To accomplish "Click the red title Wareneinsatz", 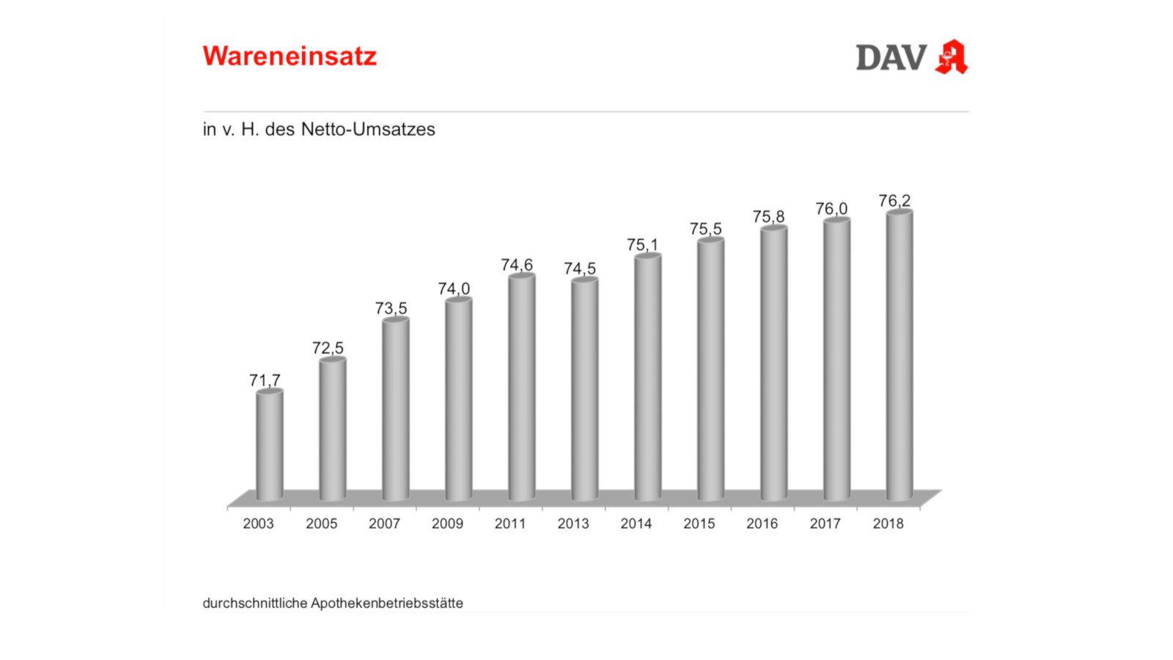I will pos(290,56).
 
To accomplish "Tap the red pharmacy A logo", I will pos(952,57).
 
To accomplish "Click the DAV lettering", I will pos(891,58).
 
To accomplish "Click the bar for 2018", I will pos(900,356).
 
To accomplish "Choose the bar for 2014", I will pos(647,378).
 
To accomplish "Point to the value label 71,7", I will pos(265,380).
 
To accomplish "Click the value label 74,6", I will pos(517,265).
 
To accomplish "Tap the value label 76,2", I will pos(894,200).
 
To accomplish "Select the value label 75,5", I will pos(705,229).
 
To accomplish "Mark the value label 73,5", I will pos(391,308).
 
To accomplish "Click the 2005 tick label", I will pos(321,524).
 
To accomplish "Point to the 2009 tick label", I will pos(447,524).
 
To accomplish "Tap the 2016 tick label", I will pos(762,524).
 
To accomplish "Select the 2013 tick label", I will pos(573,524).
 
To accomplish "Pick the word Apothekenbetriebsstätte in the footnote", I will pos(387,604).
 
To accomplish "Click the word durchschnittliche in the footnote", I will pos(255,604).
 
